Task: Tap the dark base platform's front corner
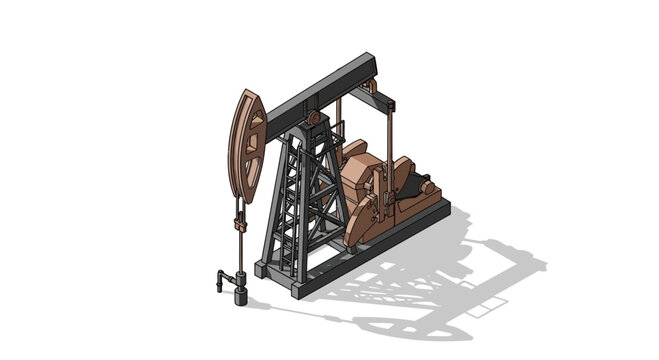click(x=262, y=270)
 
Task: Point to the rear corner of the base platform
click(x=444, y=205)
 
